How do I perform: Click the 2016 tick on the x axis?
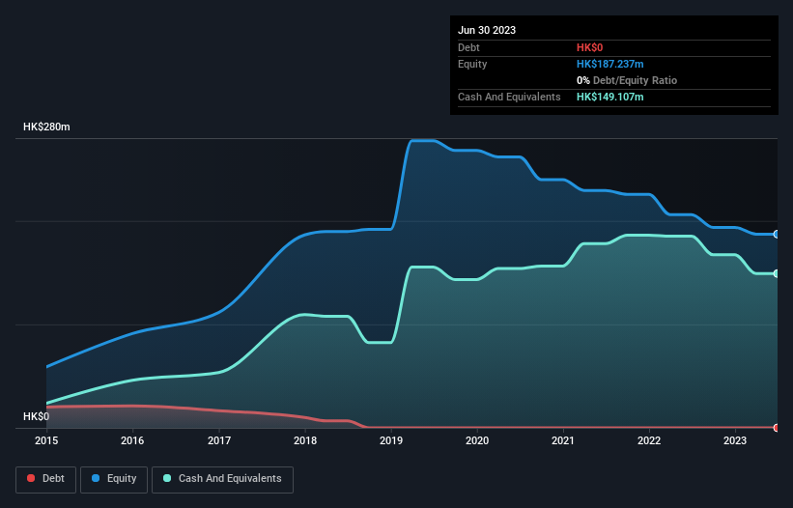click(132, 441)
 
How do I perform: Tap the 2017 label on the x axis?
click(219, 441)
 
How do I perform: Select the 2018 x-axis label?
click(305, 441)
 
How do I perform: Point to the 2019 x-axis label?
click(391, 441)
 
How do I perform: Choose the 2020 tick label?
click(477, 441)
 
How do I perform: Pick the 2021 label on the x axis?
click(563, 441)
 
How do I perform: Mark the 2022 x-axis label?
click(649, 441)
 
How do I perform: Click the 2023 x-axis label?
click(735, 441)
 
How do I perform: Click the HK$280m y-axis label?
click(46, 127)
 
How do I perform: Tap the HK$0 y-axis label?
click(36, 416)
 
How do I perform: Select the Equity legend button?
click(114, 478)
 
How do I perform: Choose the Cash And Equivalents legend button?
click(222, 478)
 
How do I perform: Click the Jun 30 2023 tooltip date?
click(487, 30)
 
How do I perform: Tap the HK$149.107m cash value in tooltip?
click(609, 97)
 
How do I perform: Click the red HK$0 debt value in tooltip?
click(589, 47)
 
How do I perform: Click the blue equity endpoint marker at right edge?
click(777, 234)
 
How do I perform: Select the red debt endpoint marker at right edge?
click(777, 427)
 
